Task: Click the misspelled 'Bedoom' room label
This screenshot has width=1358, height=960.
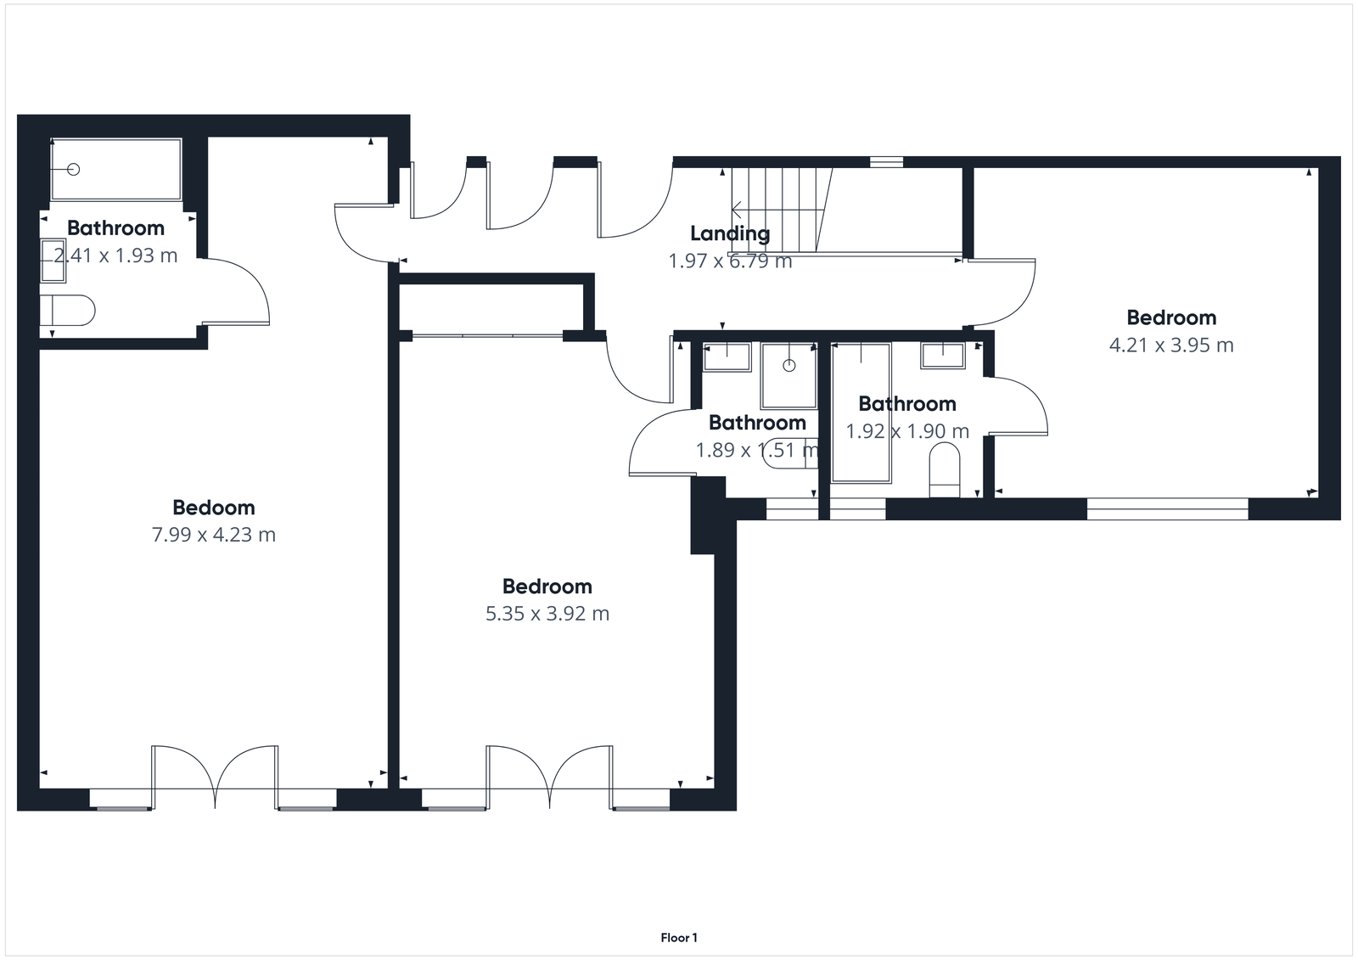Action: click(213, 508)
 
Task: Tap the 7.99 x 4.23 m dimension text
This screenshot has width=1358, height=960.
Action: click(213, 535)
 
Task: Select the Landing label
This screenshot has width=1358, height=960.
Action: click(730, 233)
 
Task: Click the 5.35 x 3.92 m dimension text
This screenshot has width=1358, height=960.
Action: click(547, 614)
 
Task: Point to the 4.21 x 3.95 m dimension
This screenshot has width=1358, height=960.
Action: click(1171, 345)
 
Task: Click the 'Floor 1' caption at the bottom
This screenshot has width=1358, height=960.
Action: click(679, 938)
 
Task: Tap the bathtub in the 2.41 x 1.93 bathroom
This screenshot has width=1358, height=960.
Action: click(116, 170)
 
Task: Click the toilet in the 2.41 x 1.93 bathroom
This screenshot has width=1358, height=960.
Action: click(68, 311)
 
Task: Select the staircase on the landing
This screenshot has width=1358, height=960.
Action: click(779, 209)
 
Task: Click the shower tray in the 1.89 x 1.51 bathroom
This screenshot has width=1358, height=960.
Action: click(788, 375)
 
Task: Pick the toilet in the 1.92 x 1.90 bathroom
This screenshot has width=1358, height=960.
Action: click(944, 472)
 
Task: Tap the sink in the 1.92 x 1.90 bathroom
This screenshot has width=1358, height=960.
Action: click(942, 356)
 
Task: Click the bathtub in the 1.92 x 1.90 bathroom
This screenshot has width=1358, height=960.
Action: click(861, 413)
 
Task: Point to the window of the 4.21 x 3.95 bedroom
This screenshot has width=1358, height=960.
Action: click(1168, 509)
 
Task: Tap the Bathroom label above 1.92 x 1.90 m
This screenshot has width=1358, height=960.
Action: click(906, 404)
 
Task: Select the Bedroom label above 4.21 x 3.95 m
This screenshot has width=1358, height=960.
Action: click(1171, 318)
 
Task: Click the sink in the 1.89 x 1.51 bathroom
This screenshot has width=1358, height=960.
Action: click(727, 357)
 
